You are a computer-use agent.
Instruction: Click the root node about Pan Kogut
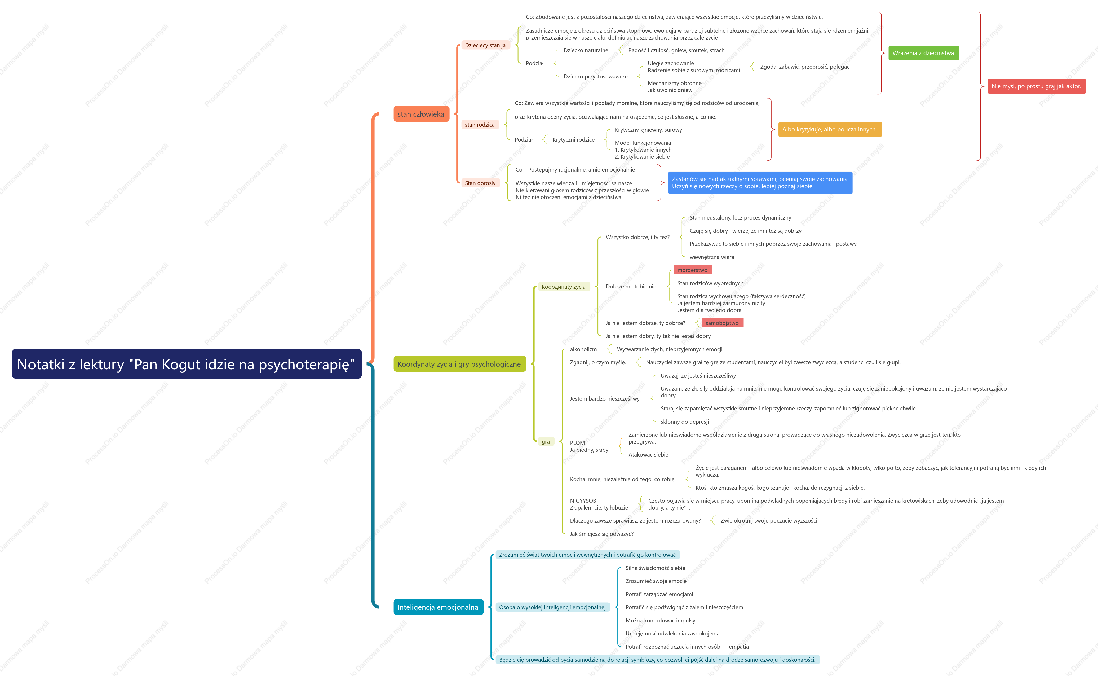pyautogui.click(x=187, y=364)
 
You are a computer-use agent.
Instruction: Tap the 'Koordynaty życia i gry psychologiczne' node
pyautogui.click(x=459, y=364)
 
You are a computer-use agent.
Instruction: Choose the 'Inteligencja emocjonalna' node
pyautogui.click(x=438, y=607)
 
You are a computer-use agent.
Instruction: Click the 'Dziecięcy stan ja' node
pyautogui.click(x=485, y=45)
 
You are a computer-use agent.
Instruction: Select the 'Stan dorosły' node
pyautogui.click(x=480, y=183)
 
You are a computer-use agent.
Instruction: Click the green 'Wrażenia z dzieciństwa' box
pyautogui.click(x=923, y=53)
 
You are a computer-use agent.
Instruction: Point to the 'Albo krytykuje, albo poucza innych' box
pyautogui.click(x=830, y=130)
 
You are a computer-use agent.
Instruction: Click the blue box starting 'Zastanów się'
pyautogui.click(x=760, y=183)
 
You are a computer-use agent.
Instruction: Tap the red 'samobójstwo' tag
pyautogui.click(x=722, y=323)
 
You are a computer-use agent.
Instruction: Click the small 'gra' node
pyautogui.click(x=546, y=442)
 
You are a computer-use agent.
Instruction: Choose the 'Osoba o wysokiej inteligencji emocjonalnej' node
pyautogui.click(x=552, y=607)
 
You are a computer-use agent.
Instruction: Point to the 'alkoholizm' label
pyautogui.click(x=583, y=349)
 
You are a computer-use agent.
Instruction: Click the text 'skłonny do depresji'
pyautogui.click(x=684, y=422)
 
